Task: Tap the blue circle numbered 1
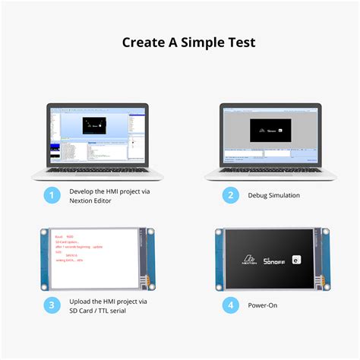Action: coord(52,196)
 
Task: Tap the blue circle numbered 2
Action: coord(230,196)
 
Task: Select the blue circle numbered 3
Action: coord(52,306)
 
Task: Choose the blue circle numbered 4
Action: coord(230,306)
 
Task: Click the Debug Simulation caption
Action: coord(273,196)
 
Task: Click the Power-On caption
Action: coord(263,306)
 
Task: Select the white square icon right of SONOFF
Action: coord(294,260)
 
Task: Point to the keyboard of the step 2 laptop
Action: coord(269,172)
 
